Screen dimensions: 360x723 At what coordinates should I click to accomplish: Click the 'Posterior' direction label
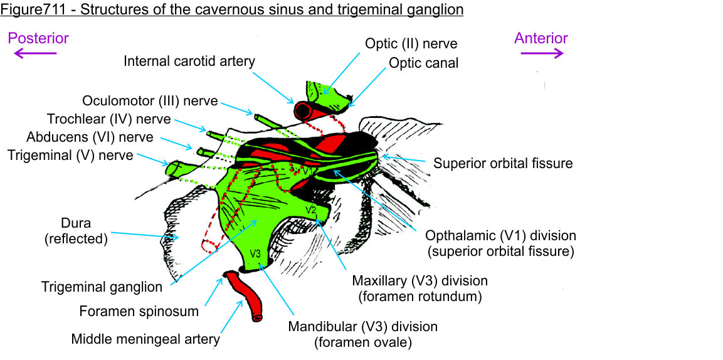(38, 38)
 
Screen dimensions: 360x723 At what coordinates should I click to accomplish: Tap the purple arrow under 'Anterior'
(542, 54)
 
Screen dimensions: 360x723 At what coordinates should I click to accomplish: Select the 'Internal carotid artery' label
(189, 61)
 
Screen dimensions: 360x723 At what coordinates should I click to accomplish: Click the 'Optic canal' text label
(423, 63)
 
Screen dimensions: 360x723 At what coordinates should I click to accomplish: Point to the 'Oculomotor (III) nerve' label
(150, 101)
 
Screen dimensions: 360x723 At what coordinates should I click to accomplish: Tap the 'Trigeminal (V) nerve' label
(70, 155)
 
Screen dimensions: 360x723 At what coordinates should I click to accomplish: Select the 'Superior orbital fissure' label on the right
(503, 164)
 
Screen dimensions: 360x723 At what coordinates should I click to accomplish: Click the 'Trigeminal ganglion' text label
(102, 287)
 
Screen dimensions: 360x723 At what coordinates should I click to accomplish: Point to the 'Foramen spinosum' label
(139, 311)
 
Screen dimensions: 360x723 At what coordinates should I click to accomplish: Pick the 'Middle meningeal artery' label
(145, 339)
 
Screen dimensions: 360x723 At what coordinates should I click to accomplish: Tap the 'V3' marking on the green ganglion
(256, 254)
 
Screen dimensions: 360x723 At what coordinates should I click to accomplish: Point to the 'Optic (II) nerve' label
(411, 44)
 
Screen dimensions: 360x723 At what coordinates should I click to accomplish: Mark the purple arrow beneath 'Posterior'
(35, 54)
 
